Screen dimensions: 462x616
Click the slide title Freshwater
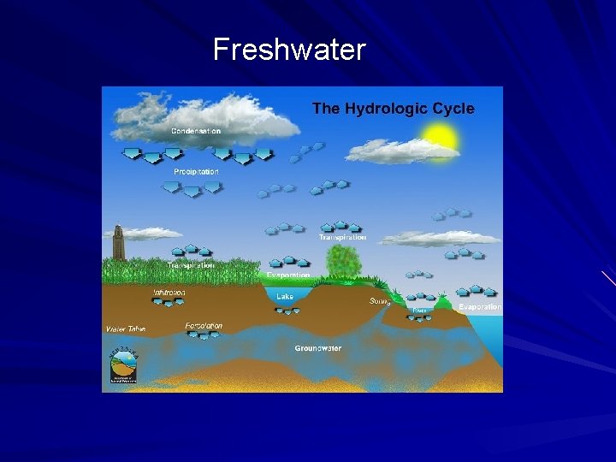[289, 50]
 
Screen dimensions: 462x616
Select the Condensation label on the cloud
[196, 131]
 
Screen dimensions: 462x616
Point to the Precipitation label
[196, 172]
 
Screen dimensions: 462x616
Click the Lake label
[285, 296]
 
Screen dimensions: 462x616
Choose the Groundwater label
[318, 348]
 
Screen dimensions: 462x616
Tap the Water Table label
[127, 329]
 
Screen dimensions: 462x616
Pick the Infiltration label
[169, 293]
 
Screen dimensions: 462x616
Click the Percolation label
[204, 326]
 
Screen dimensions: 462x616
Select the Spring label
[380, 301]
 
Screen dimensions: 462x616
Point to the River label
[420, 310]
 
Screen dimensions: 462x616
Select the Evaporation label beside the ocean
[480, 306]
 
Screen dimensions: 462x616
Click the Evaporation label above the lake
[287, 275]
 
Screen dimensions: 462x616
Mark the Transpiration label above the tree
[342, 237]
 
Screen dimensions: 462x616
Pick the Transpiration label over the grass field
[191, 265]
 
